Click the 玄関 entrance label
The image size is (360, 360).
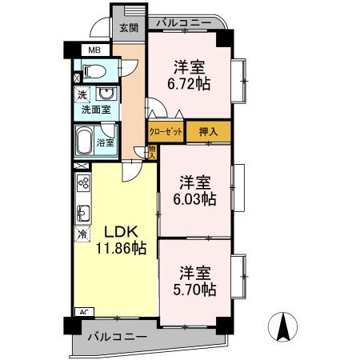[x=128, y=27]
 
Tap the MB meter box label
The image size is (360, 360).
[x=94, y=50]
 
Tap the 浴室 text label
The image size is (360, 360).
[x=105, y=143]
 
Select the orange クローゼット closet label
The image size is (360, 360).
[x=166, y=131]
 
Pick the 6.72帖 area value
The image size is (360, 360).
[x=190, y=83]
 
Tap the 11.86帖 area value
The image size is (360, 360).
[x=121, y=249]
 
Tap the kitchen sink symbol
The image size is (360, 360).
[x=82, y=214]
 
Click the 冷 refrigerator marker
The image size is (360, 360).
[x=82, y=235]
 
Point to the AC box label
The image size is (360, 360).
[x=82, y=312]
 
